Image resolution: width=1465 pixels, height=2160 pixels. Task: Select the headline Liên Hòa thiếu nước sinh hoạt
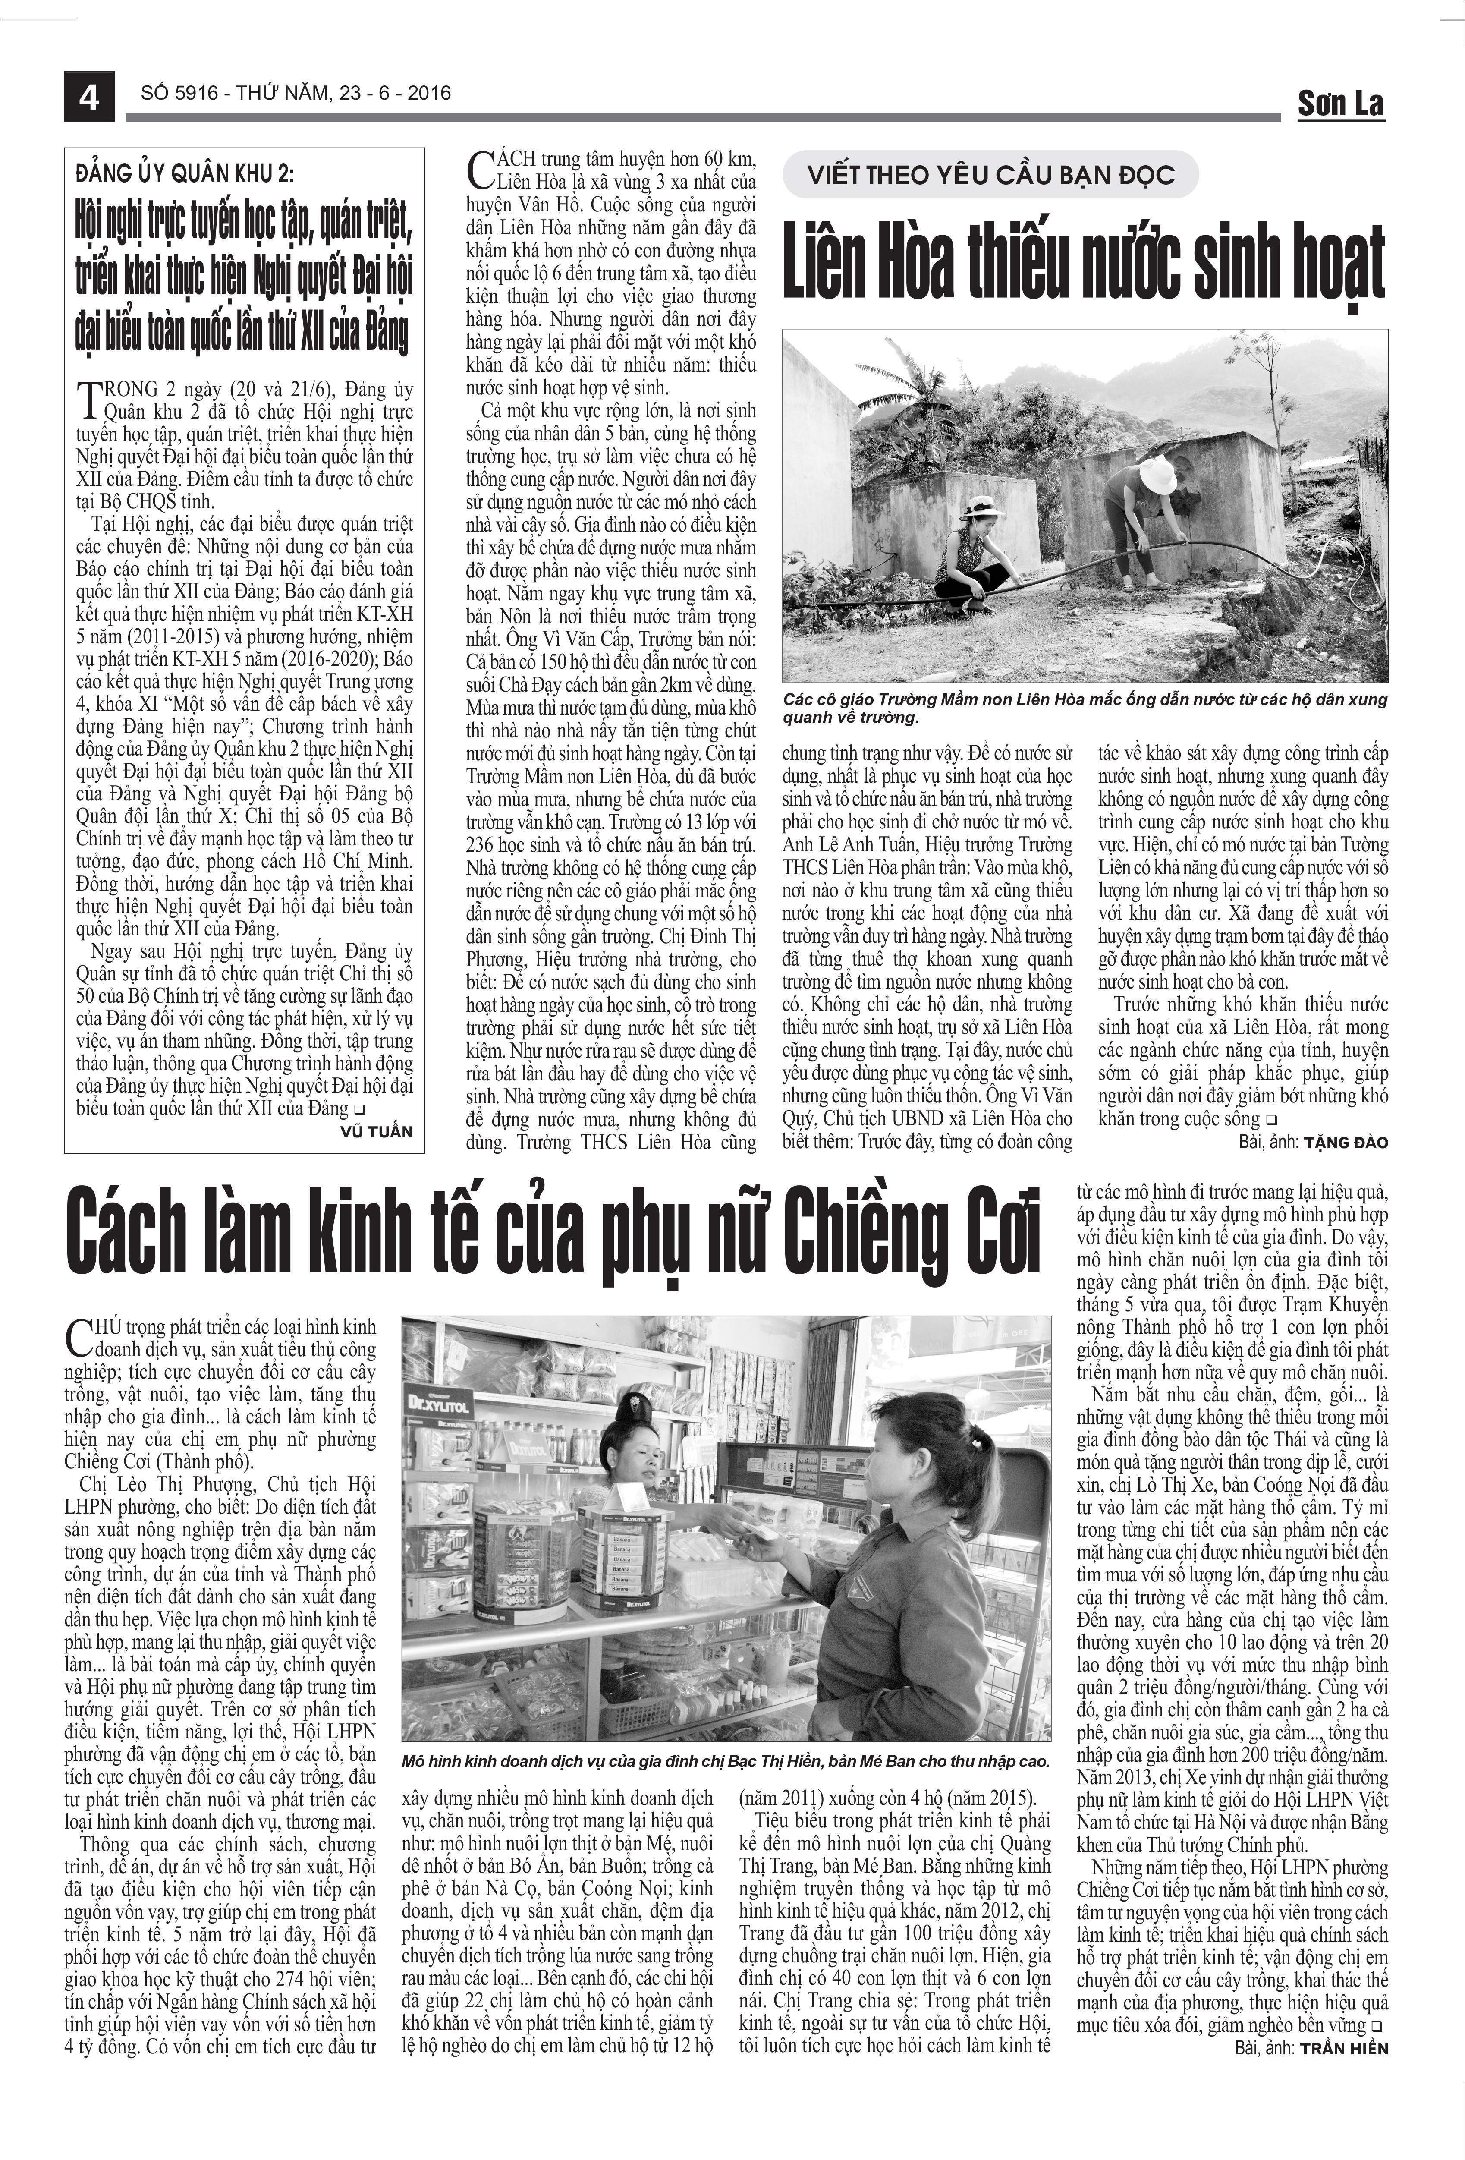click(1084, 267)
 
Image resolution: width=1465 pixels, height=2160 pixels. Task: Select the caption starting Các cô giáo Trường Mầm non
click(1084, 708)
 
